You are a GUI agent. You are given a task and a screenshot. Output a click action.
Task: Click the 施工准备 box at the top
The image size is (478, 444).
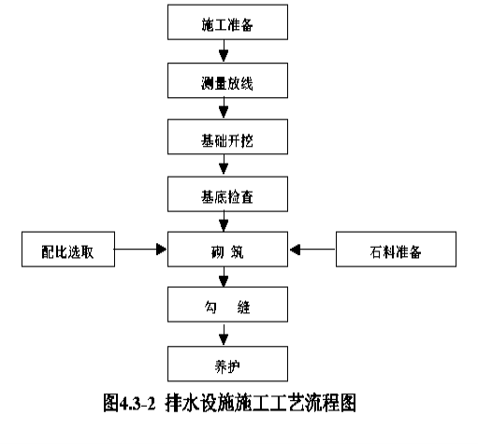pyautogui.click(x=227, y=22)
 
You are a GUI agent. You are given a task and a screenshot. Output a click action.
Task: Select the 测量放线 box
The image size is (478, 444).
pyautogui.click(x=227, y=80)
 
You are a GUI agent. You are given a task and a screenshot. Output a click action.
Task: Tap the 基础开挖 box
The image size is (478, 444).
pyautogui.click(x=227, y=136)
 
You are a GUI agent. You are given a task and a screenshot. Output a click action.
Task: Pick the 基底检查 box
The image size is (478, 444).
pyautogui.click(x=227, y=194)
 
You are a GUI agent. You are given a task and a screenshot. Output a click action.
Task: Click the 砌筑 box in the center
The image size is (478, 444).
pyautogui.click(x=227, y=250)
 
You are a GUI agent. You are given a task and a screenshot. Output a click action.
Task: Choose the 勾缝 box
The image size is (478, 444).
pyautogui.click(x=227, y=305)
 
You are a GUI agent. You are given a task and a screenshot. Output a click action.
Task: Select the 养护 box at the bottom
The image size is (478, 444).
pyautogui.click(x=227, y=364)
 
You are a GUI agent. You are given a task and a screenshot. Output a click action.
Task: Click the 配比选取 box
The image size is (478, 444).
pyautogui.click(x=68, y=250)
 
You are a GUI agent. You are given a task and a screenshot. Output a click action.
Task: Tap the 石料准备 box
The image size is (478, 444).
pyautogui.click(x=396, y=250)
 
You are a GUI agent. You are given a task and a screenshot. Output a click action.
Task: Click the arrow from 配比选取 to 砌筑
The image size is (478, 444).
pyautogui.click(x=140, y=250)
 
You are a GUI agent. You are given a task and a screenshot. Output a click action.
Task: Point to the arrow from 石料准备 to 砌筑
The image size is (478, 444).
pyautogui.click(x=312, y=250)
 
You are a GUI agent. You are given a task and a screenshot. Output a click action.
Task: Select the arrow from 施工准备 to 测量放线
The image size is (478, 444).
pyautogui.click(x=224, y=50)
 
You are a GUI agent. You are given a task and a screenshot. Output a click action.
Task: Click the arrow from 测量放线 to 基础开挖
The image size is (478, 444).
pyautogui.click(x=224, y=108)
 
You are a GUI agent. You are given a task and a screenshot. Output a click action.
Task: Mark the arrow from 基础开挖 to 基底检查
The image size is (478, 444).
pyautogui.click(x=224, y=165)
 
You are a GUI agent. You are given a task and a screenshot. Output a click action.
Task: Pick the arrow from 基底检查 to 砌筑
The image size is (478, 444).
pyautogui.click(x=224, y=222)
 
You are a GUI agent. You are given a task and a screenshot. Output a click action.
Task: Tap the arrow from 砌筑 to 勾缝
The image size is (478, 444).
pyautogui.click(x=224, y=277)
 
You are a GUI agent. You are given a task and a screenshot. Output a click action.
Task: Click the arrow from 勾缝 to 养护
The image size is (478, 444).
pyautogui.click(x=224, y=335)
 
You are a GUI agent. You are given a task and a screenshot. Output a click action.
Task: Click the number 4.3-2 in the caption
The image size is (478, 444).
pyautogui.click(x=138, y=404)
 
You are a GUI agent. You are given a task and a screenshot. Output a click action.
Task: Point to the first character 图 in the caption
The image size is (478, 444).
pyautogui.click(x=111, y=403)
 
